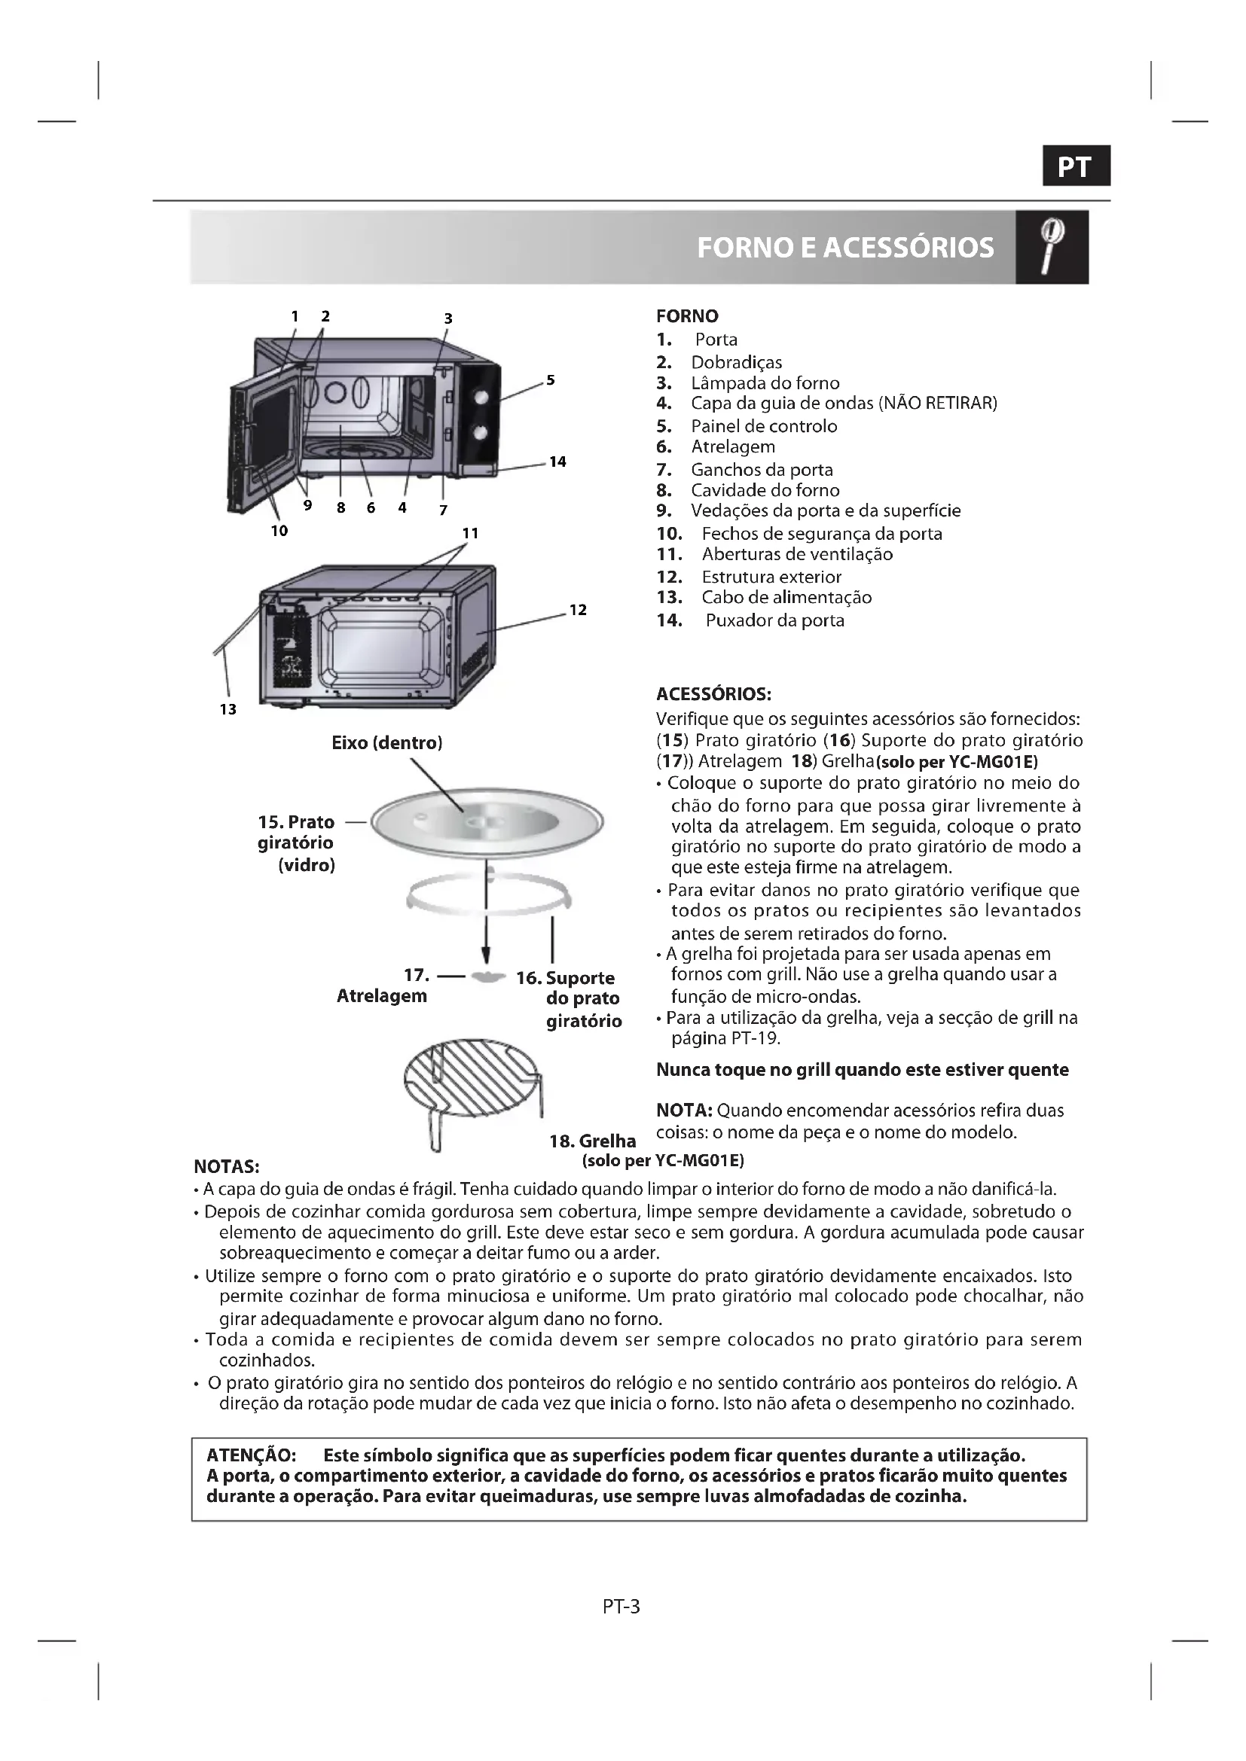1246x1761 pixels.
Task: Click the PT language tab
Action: coord(1076,166)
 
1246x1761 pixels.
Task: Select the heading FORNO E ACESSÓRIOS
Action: coord(844,248)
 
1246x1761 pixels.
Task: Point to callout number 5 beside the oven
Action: coord(550,379)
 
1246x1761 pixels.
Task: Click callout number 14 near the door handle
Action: coord(557,461)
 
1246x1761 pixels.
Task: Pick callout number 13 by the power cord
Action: coord(228,709)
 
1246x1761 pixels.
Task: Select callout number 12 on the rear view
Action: coord(578,610)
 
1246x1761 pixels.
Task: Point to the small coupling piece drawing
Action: coord(487,977)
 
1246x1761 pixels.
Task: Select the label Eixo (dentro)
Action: coord(386,742)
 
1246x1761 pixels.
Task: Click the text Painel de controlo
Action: coord(763,426)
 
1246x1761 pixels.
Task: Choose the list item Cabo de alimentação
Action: coord(786,598)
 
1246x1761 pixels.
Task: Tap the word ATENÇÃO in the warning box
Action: coord(251,1456)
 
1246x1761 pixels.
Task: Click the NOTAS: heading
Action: coord(226,1168)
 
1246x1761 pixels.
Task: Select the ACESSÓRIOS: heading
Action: coord(713,694)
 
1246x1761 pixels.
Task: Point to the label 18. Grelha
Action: coord(592,1141)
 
